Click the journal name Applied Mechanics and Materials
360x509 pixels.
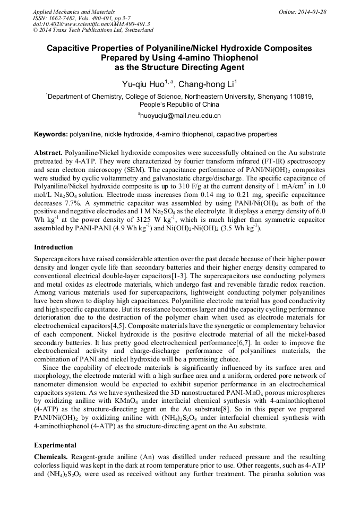tap(74, 12)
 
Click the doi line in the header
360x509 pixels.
tap(91, 24)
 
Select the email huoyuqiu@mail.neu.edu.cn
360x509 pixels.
tap(179, 115)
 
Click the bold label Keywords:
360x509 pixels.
tap(50, 135)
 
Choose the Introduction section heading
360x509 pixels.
tap(54, 247)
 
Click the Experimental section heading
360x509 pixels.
tap(55, 445)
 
